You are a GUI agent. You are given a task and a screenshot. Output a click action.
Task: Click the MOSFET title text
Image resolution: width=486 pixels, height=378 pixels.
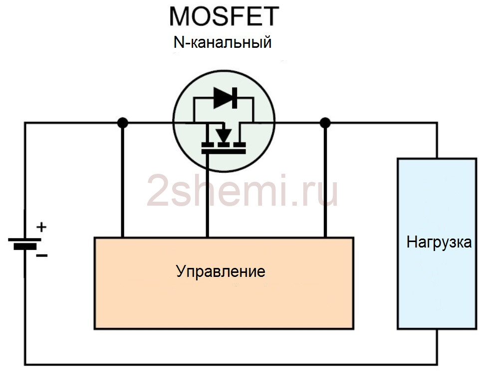click(x=224, y=16)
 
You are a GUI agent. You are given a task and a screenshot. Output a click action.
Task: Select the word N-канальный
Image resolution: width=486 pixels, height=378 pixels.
click(x=223, y=42)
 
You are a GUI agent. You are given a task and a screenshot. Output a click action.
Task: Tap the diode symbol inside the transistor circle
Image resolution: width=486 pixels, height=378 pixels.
click(x=226, y=98)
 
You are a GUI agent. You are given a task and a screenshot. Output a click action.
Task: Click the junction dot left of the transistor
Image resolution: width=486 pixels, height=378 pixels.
click(x=123, y=123)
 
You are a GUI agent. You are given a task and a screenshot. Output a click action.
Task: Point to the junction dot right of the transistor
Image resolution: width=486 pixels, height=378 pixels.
click(x=325, y=123)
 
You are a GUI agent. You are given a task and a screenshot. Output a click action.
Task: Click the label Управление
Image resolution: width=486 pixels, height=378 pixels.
click(x=221, y=271)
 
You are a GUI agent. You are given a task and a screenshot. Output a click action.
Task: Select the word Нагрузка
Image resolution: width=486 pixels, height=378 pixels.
click(x=439, y=242)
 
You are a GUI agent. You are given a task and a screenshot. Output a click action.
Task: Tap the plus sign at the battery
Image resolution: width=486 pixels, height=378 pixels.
click(x=41, y=228)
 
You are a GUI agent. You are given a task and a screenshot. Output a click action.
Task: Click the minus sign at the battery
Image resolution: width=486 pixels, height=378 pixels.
click(x=41, y=255)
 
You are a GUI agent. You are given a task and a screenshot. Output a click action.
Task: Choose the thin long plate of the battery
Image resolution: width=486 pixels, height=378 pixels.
click(x=25, y=240)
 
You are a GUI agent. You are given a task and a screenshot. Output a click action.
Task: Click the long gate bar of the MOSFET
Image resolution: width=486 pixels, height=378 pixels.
click(x=224, y=151)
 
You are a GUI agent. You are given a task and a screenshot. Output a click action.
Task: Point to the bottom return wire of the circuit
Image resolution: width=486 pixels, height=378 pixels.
click(x=231, y=365)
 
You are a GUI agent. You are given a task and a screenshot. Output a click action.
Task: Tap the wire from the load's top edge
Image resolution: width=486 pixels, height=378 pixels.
click(x=437, y=140)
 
